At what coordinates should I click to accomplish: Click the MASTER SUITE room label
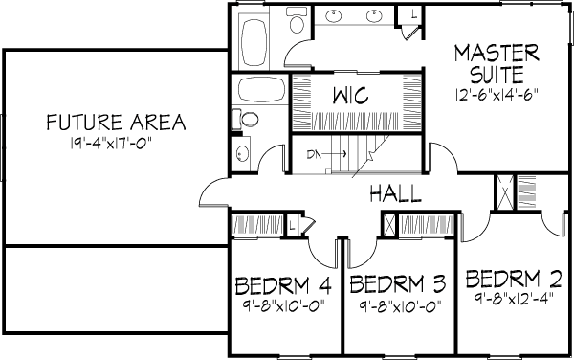[x=497, y=64]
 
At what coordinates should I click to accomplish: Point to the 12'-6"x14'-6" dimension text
[x=497, y=95]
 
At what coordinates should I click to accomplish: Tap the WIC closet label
[x=351, y=96]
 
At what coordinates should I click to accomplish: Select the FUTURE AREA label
[x=116, y=123]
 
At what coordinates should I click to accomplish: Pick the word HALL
[x=395, y=193]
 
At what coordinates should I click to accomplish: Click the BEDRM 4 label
[x=283, y=286]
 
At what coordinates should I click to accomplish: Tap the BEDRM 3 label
[x=398, y=284]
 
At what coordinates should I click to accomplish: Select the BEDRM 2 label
[x=513, y=279]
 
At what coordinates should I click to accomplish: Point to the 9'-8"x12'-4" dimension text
[x=513, y=299]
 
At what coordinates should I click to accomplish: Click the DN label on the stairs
[x=314, y=154]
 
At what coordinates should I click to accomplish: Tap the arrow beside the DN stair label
[x=335, y=154]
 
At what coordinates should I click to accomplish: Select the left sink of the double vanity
[x=334, y=16]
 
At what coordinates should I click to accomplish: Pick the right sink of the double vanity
[x=374, y=16]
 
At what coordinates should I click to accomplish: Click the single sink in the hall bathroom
[x=242, y=154]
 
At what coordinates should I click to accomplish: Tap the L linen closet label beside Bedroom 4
[x=292, y=224]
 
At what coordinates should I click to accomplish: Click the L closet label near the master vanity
[x=414, y=14]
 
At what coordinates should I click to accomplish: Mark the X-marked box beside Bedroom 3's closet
[x=389, y=225]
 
